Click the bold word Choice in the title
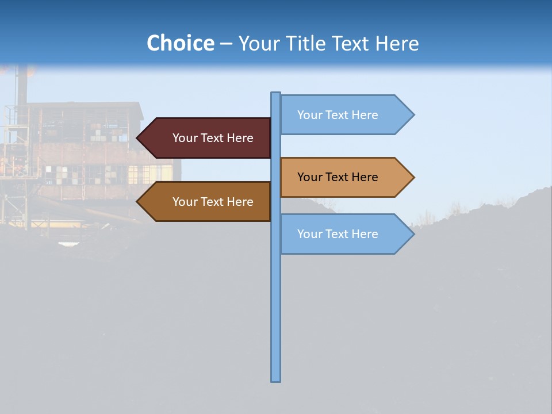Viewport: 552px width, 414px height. (180, 43)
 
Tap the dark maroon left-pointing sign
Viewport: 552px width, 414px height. (207, 138)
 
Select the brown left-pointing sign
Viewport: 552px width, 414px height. (207, 202)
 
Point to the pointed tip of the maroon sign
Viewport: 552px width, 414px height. (139, 138)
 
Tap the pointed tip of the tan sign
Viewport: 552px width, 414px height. (412, 177)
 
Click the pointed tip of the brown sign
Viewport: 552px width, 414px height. (139, 202)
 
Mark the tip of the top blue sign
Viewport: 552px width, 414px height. (412, 115)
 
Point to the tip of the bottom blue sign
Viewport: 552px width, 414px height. (412, 234)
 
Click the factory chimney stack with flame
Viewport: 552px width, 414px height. (22, 86)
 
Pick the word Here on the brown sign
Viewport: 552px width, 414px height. (240, 202)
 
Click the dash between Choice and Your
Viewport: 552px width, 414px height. (226, 44)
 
